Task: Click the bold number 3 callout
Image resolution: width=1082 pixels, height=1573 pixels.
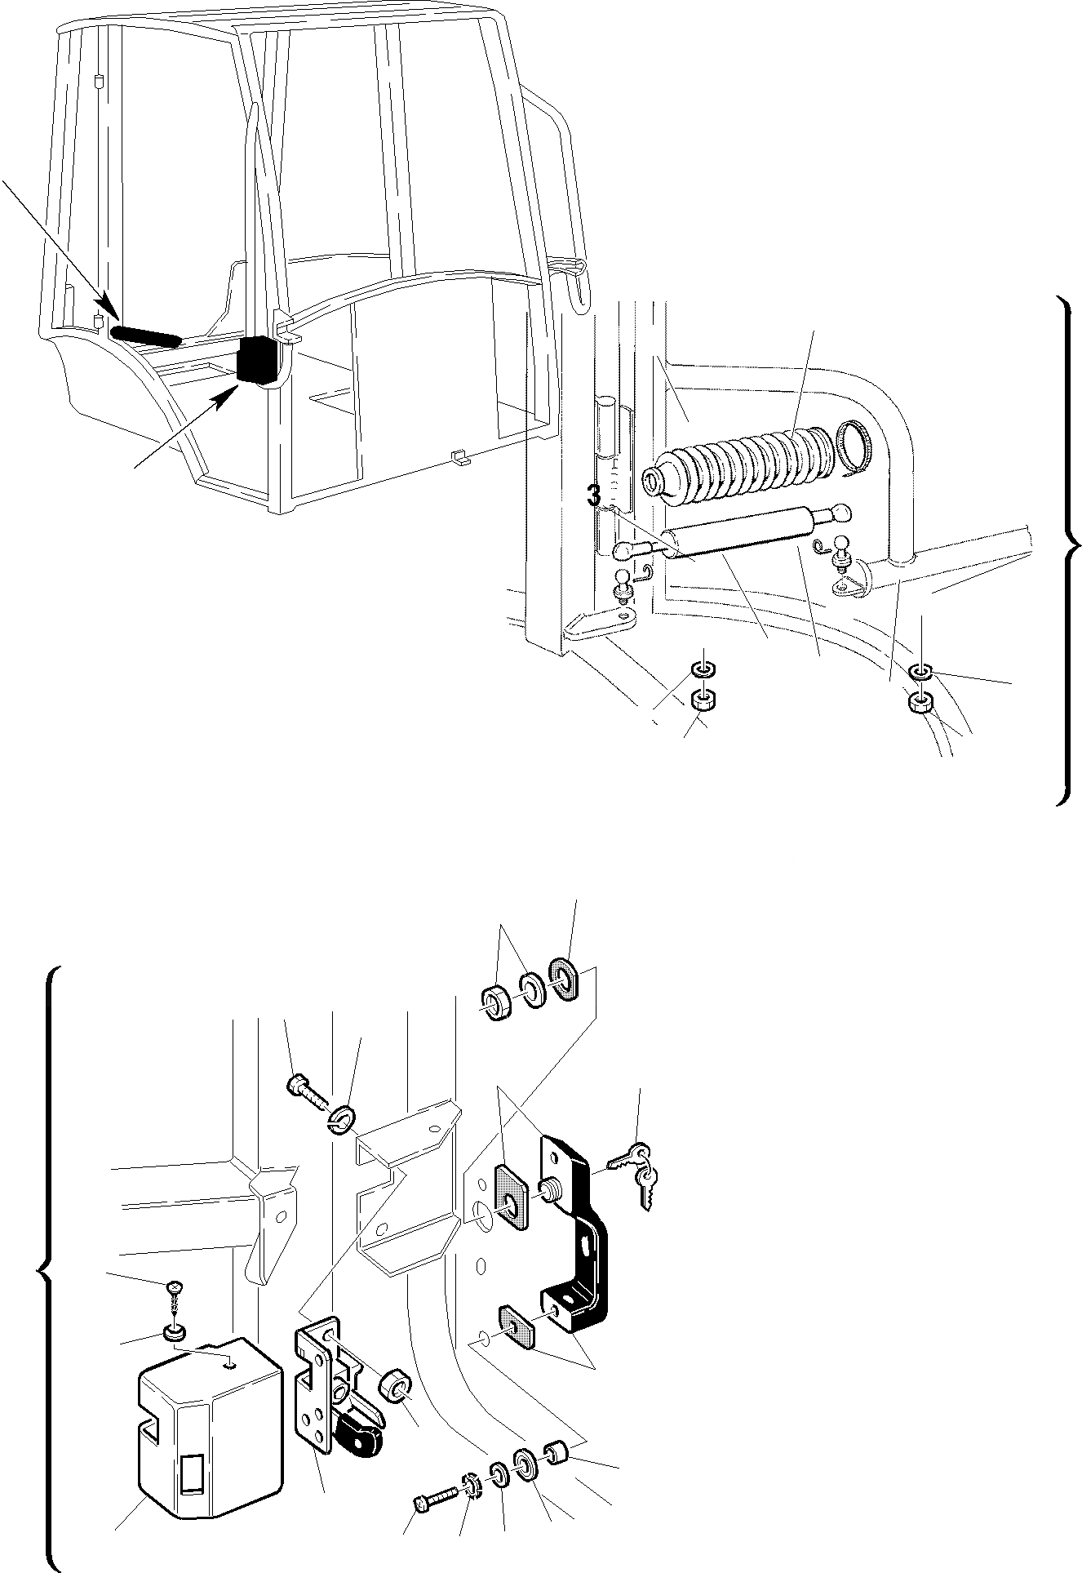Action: pyautogui.click(x=594, y=495)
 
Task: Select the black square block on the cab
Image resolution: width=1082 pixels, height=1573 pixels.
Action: pyautogui.click(x=259, y=359)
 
